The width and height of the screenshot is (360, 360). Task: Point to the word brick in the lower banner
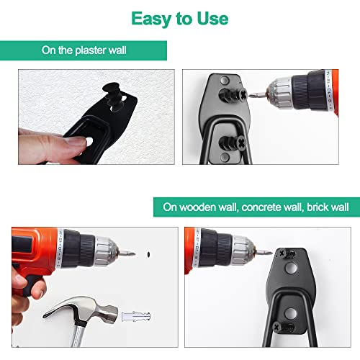point(317,207)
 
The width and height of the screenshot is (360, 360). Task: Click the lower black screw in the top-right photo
point(233,143)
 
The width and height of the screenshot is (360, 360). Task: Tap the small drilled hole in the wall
point(148,254)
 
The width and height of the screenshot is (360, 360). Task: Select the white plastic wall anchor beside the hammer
point(136,317)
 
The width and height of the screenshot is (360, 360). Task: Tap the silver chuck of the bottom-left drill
point(106,251)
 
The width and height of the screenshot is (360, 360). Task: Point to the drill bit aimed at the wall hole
point(127,253)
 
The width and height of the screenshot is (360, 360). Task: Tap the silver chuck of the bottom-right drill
point(243,251)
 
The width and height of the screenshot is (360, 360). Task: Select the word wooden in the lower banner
point(198,207)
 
